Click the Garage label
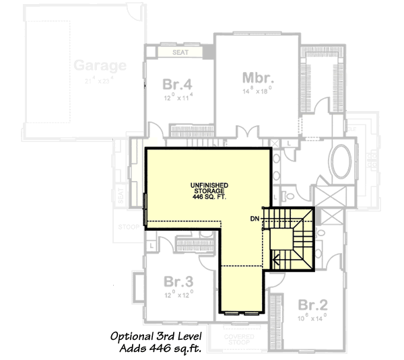pos(100,65)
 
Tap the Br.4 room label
pos(178,85)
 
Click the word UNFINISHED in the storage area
pos(208,184)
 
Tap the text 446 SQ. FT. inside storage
pos(208,197)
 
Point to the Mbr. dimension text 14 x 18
pos(256,89)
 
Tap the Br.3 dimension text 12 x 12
pos(178,294)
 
